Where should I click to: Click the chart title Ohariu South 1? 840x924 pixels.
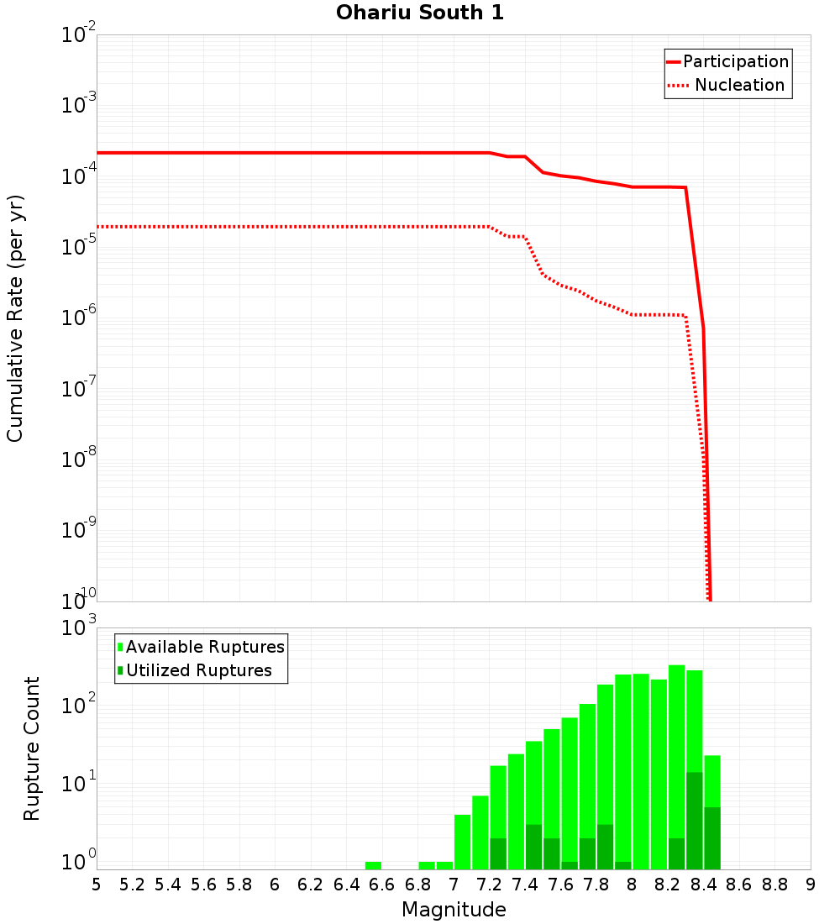pyautogui.click(x=420, y=13)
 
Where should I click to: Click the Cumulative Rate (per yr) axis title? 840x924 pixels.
pyautogui.click(x=15, y=318)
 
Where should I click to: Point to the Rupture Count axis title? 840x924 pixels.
pyautogui.click(x=32, y=748)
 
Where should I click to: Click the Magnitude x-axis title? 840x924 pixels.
pyautogui.click(x=454, y=910)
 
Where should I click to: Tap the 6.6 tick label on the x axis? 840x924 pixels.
pyautogui.click(x=382, y=885)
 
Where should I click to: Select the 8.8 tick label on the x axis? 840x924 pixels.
pyautogui.click(x=774, y=885)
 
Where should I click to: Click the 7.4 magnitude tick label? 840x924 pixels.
pyautogui.click(x=525, y=885)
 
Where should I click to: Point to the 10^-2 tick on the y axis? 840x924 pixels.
pyautogui.click(x=79, y=36)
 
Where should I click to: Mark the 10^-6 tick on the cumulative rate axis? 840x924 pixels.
pyautogui.click(x=79, y=318)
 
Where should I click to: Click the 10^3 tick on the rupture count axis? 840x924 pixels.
pyautogui.click(x=81, y=628)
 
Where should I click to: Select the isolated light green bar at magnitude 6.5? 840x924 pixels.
pyautogui.click(x=373, y=865)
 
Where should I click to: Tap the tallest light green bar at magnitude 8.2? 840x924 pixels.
pyautogui.click(x=677, y=756)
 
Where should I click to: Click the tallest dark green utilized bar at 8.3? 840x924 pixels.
pyautogui.click(x=695, y=819)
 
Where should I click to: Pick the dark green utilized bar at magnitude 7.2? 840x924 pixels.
pyautogui.click(x=498, y=853)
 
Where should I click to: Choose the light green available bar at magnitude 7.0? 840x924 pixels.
pyautogui.click(x=462, y=840)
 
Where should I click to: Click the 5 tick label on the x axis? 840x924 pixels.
pyautogui.click(x=97, y=885)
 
